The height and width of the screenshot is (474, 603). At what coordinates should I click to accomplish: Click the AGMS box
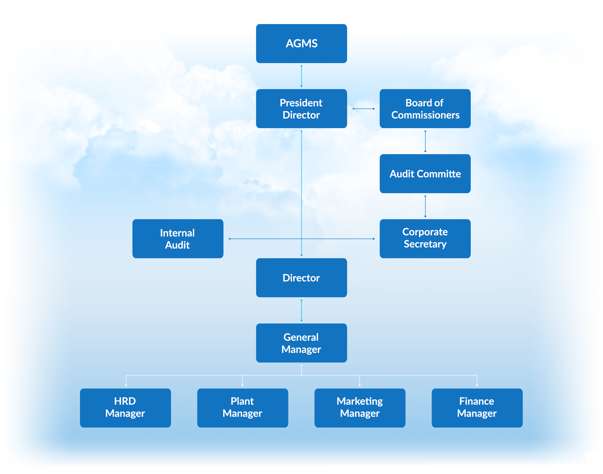point(301,44)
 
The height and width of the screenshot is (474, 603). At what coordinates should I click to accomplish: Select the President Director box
point(301,108)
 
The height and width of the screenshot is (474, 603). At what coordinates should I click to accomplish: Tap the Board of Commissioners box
point(425,108)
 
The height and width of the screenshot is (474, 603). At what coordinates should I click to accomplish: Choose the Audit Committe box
point(425,174)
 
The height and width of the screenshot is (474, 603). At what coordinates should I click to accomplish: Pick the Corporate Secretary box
point(425,238)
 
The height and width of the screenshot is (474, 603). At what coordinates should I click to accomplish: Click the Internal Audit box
point(177,239)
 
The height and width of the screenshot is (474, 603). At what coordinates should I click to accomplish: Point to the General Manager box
point(301,343)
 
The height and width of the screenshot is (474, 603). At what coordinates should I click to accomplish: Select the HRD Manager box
point(125,407)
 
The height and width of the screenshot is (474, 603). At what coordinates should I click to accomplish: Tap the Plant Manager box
point(242,407)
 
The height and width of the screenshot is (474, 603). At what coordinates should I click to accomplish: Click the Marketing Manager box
point(360,407)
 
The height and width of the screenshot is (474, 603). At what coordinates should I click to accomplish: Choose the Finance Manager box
point(477,407)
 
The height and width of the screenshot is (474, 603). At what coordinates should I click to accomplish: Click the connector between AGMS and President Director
point(301,76)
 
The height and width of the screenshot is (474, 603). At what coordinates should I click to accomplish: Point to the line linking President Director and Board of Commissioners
point(363,109)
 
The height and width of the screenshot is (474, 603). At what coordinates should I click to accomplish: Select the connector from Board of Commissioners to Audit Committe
point(425,141)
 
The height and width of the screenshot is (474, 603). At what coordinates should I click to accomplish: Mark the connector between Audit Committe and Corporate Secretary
point(425,206)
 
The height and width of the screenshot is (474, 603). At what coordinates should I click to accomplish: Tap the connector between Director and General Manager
point(301,310)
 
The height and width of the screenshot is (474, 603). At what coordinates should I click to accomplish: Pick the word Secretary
point(425,244)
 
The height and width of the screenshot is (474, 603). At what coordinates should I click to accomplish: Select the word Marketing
point(360,401)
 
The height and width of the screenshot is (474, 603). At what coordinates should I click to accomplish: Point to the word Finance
point(477,401)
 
